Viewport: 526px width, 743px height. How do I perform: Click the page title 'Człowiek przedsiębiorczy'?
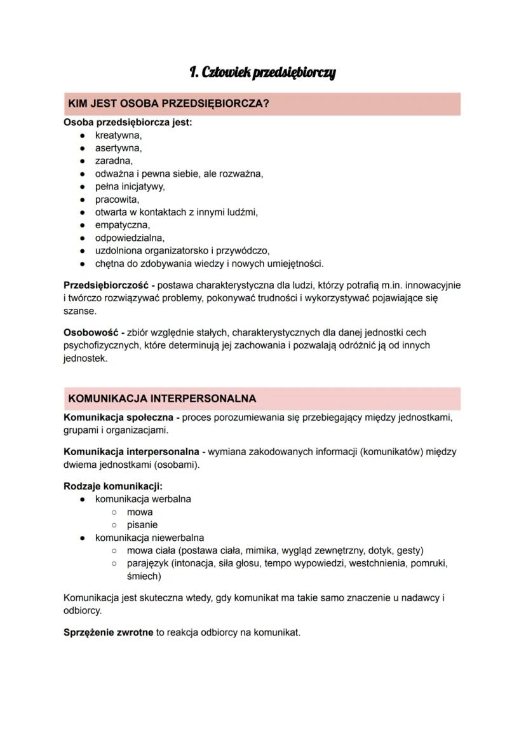[x=262, y=73]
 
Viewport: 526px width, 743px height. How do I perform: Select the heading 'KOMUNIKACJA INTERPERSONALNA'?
[x=162, y=399]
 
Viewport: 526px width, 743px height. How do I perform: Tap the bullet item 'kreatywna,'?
[x=118, y=135]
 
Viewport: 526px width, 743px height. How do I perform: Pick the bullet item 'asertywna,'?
[x=118, y=148]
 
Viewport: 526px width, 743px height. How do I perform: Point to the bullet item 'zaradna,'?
[x=114, y=161]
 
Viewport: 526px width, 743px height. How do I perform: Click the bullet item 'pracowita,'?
[x=117, y=200]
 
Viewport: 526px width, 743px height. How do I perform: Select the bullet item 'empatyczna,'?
[x=123, y=225]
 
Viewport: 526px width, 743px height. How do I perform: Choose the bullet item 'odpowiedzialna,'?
[x=130, y=238]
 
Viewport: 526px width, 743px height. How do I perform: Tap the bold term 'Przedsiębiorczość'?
[x=105, y=285]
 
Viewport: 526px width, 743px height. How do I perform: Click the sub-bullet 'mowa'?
[x=140, y=512]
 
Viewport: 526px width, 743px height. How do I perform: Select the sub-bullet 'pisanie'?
[x=142, y=525]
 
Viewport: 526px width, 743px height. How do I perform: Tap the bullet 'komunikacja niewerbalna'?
[x=149, y=538]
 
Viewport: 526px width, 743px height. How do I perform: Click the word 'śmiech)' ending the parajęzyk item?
[x=144, y=576]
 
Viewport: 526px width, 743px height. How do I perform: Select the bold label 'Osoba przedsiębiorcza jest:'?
[x=128, y=122]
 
